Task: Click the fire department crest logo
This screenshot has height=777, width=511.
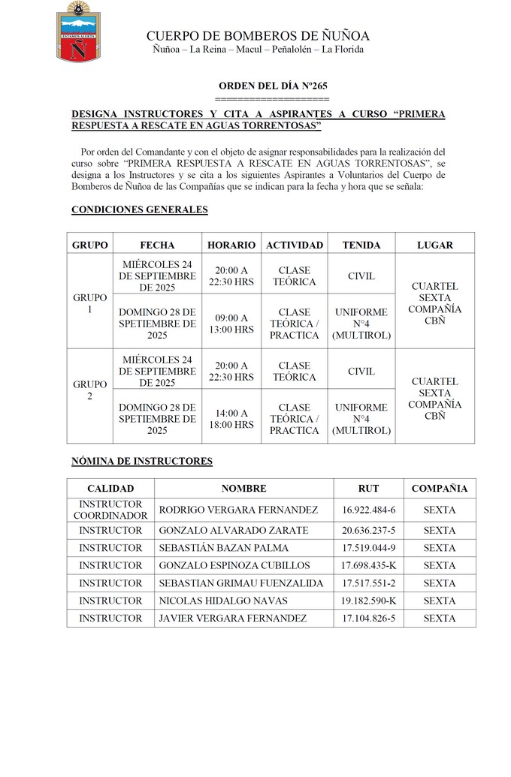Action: [77, 32]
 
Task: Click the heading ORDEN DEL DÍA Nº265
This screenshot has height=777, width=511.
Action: [272, 86]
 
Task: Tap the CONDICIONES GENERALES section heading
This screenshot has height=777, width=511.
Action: [139, 210]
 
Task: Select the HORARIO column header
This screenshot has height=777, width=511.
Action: [231, 245]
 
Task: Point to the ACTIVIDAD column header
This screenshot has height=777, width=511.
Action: [295, 245]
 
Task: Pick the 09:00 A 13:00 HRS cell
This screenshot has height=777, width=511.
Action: [231, 324]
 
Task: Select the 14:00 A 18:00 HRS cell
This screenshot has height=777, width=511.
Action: [231, 419]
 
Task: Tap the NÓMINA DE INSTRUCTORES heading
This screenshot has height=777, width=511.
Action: [142, 461]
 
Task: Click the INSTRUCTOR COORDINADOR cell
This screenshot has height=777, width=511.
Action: [110, 510]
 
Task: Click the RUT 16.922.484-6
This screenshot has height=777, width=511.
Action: [368, 510]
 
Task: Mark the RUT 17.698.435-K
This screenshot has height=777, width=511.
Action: [368, 565]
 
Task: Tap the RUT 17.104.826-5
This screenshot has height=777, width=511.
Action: [368, 618]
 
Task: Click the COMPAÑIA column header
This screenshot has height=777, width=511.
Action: [440, 489]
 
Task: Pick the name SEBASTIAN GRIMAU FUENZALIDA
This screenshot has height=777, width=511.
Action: [241, 583]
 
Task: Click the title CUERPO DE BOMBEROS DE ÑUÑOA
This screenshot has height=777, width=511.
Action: [258, 36]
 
